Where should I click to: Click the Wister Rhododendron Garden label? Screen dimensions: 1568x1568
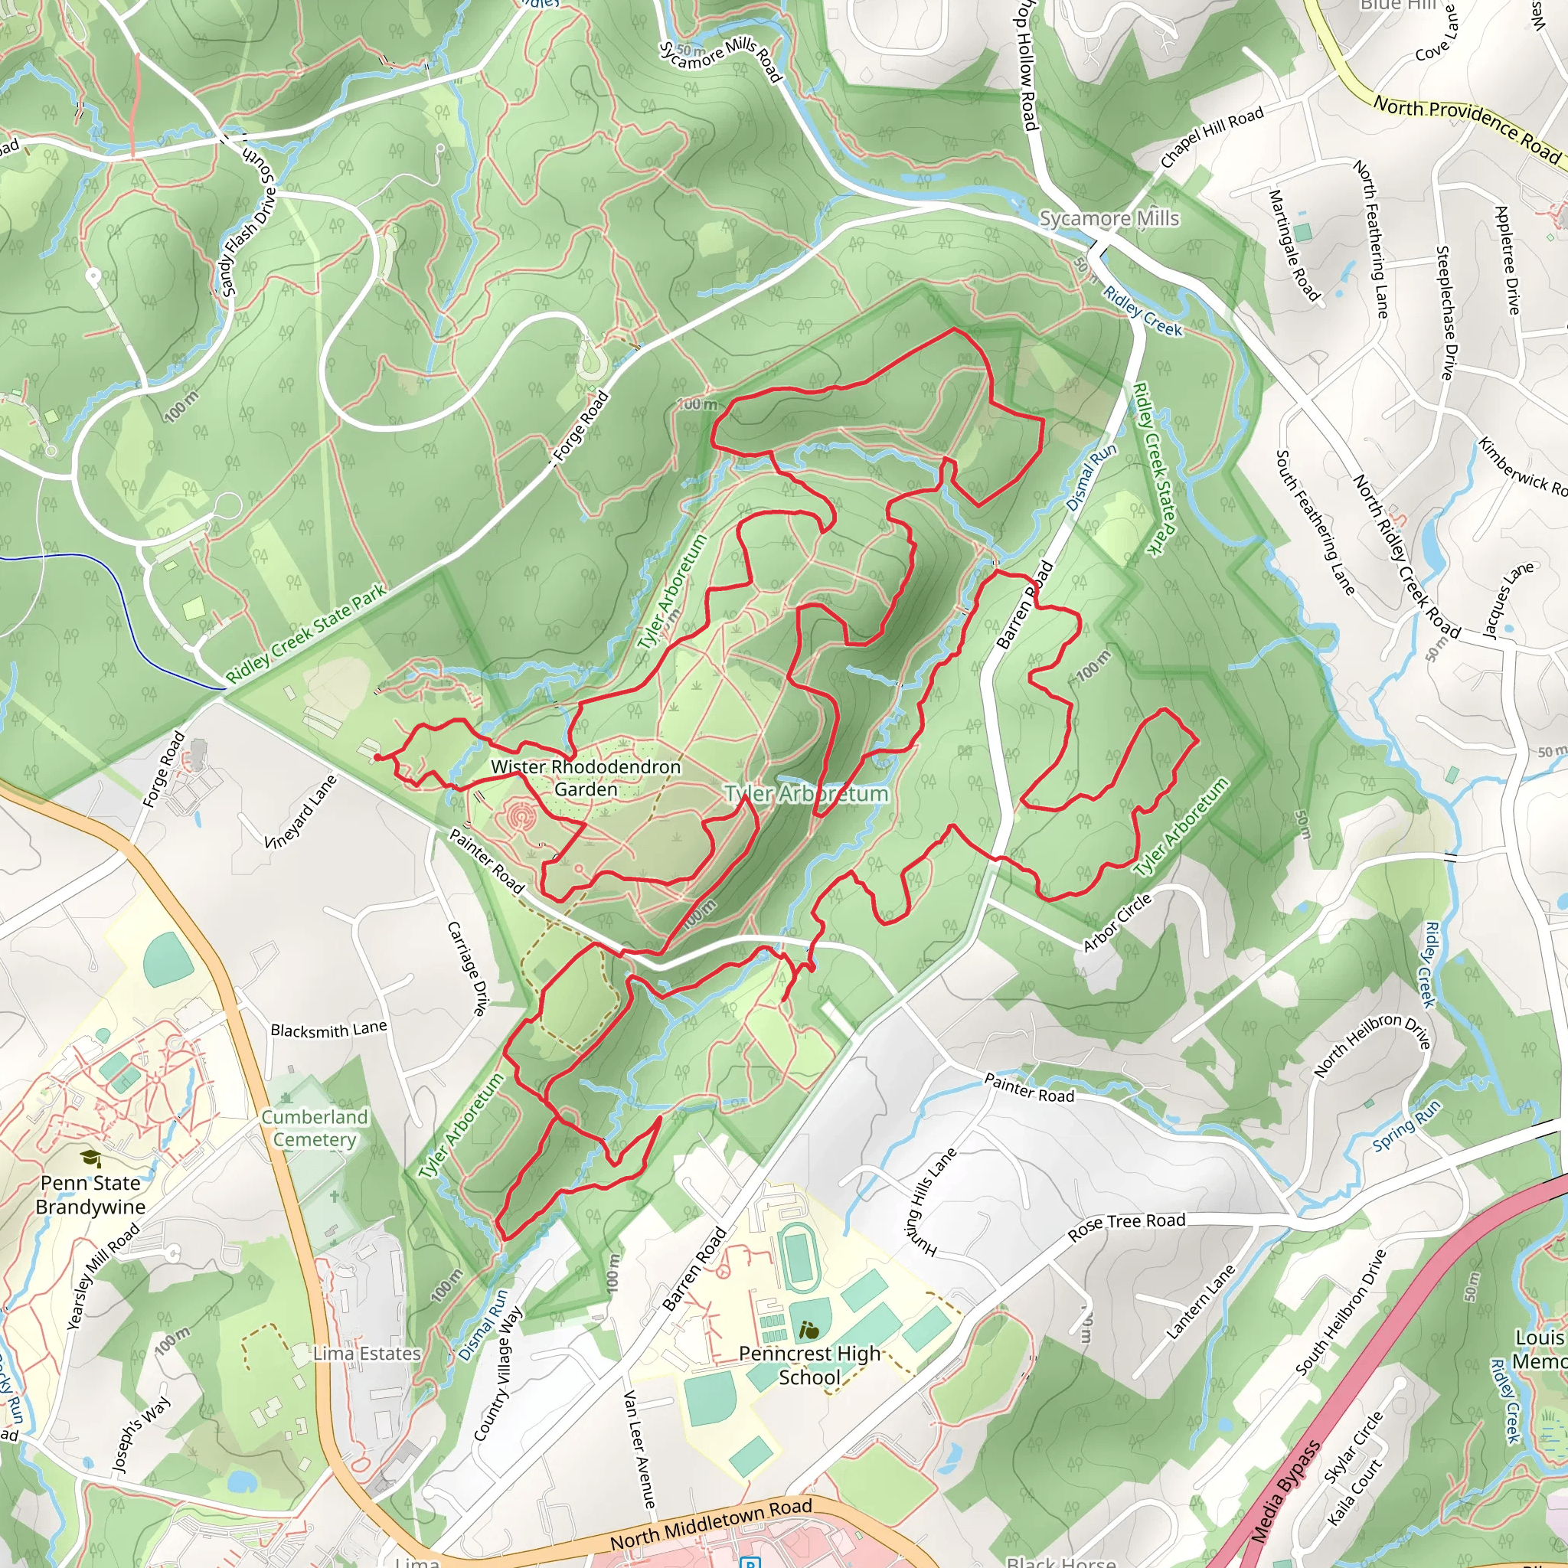point(585,778)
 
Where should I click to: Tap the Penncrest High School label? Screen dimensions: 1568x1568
point(808,1365)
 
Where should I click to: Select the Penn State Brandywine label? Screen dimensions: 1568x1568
point(90,1194)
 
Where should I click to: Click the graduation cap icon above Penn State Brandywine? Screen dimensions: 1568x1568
point(91,1159)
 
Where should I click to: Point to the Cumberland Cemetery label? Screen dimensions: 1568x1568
point(314,1128)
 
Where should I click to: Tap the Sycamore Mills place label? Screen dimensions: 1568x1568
point(1109,218)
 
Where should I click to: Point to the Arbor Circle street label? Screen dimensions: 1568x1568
point(1117,922)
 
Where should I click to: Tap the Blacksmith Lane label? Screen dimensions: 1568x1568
point(328,1030)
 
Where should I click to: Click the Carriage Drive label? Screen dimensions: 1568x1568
point(468,969)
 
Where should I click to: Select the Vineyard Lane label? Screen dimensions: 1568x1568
point(300,812)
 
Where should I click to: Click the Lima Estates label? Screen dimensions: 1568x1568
point(367,1354)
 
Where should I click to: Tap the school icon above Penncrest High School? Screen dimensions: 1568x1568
point(808,1330)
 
